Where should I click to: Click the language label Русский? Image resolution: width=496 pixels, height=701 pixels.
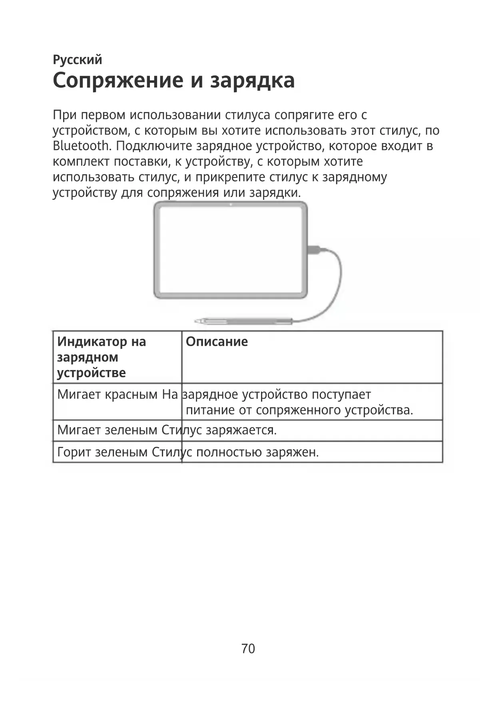coord(77,60)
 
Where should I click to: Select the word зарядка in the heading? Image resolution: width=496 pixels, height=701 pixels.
coord(253,81)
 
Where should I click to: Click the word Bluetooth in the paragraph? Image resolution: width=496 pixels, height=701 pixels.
coord(81,146)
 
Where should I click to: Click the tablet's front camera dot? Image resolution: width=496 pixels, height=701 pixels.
coord(231,205)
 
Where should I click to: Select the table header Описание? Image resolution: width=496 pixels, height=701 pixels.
coord(217,342)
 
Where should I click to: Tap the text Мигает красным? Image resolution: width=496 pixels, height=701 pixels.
coord(108,395)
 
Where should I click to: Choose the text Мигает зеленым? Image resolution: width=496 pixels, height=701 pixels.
coord(108,430)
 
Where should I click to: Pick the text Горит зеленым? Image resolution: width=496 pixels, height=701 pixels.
coord(102,452)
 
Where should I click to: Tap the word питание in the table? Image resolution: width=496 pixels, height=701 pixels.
coord(210,410)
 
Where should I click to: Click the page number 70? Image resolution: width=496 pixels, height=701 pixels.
coord(248,649)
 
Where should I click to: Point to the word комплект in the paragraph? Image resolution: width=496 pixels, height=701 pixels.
coord(81,162)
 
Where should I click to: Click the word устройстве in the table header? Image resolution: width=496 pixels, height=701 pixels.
coord(91,373)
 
